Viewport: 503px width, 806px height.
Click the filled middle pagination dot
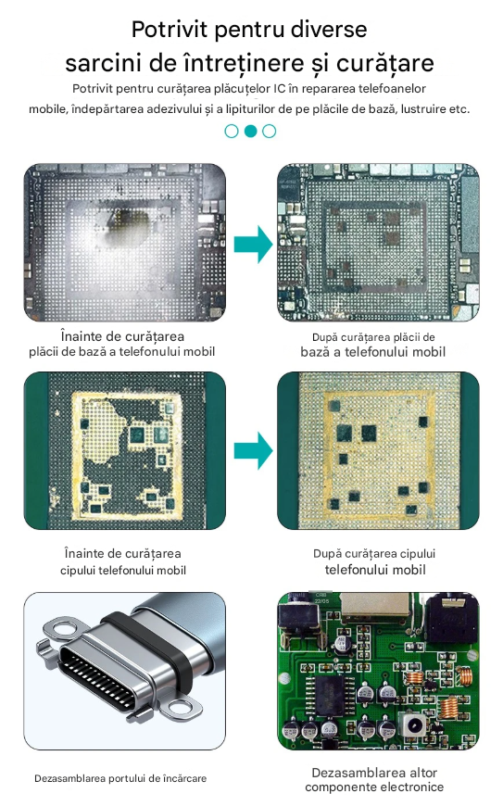(250, 131)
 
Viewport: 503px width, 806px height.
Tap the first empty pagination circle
(232, 131)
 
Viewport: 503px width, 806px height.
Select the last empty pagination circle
(269, 131)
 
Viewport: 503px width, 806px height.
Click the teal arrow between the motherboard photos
(253, 245)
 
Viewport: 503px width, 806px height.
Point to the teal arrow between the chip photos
(253, 451)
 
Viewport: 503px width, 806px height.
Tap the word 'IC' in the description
(279, 88)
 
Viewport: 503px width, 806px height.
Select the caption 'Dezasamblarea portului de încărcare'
(120, 778)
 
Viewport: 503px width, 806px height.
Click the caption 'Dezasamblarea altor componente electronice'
(374, 780)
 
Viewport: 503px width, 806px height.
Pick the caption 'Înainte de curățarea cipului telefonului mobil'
(123, 561)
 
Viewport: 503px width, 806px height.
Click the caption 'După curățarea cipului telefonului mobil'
(374, 561)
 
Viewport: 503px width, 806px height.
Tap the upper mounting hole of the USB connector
(65, 628)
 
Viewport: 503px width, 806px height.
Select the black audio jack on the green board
(452, 617)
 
